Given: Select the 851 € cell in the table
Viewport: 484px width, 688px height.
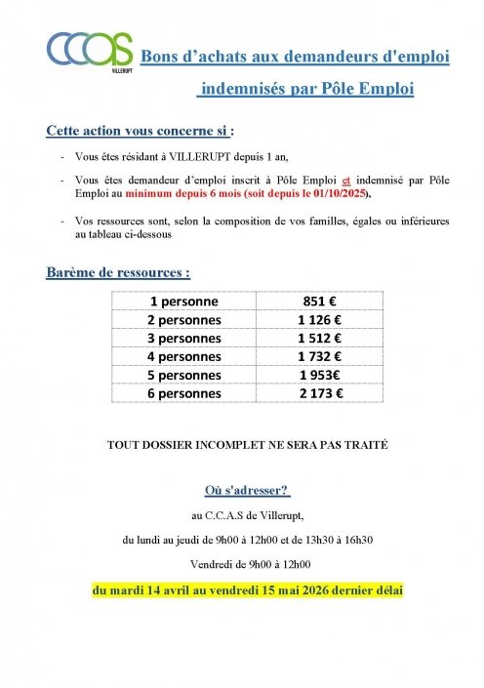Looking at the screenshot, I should [x=325, y=302].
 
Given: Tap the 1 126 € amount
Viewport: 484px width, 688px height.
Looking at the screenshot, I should [x=325, y=320].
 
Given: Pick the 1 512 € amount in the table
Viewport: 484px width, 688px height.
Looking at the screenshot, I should [x=325, y=339].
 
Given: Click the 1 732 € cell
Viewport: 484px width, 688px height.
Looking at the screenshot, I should [x=325, y=357].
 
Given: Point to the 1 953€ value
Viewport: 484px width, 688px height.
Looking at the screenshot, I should [x=325, y=376].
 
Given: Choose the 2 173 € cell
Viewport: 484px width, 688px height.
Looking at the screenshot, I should [x=325, y=394].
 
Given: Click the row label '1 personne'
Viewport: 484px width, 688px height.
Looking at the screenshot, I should [x=183, y=302].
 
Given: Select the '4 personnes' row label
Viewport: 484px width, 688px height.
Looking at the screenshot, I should [x=183, y=357].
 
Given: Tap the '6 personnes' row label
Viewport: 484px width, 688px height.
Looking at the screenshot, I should [x=183, y=394].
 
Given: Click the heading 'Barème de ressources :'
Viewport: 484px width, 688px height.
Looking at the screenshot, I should [x=117, y=272].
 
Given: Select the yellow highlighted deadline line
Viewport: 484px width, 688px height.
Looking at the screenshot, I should [x=248, y=590].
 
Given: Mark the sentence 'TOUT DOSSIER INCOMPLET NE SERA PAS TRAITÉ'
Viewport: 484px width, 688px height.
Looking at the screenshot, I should [x=248, y=444].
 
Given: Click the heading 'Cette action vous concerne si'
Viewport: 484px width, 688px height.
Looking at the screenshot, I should [x=139, y=130].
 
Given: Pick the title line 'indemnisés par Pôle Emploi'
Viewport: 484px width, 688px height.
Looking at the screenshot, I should [x=306, y=90].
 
